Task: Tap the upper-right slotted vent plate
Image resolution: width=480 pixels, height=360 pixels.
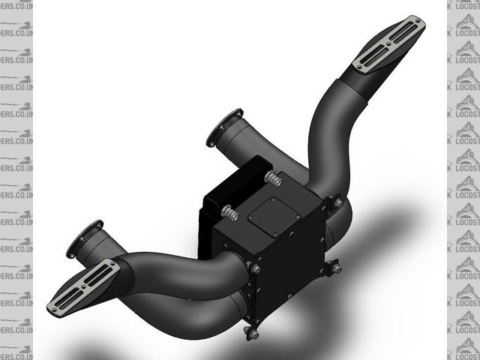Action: [388, 45]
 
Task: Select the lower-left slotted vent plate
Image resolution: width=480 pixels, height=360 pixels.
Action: [83, 286]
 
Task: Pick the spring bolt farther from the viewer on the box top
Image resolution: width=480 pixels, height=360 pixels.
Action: [272, 179]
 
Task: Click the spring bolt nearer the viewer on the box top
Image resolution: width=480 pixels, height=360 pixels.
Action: [229, 214]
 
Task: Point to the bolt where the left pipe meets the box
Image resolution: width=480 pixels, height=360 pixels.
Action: [256, 268]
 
